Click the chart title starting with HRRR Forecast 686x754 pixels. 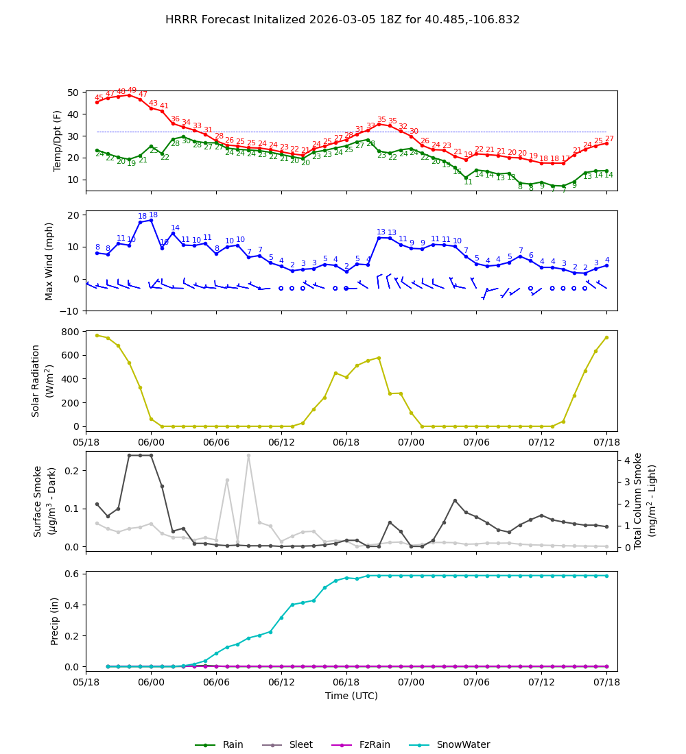(342, 20)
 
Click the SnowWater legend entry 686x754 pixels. (463, 745)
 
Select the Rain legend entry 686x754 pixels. (233, 745)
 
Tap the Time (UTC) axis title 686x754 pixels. (351, 696)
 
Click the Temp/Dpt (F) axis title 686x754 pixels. (58, 141)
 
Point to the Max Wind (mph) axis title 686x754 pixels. (49, 260)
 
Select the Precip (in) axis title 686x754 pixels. (55, 621)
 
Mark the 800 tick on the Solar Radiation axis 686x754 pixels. (69, 332)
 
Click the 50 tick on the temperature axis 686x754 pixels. (73, 93)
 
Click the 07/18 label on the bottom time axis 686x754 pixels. (606, 682)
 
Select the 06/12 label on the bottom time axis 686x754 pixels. (281, 682)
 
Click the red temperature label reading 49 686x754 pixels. (132, 90)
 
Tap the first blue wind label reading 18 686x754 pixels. (143, 217)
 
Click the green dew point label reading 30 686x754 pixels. (186, 141)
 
